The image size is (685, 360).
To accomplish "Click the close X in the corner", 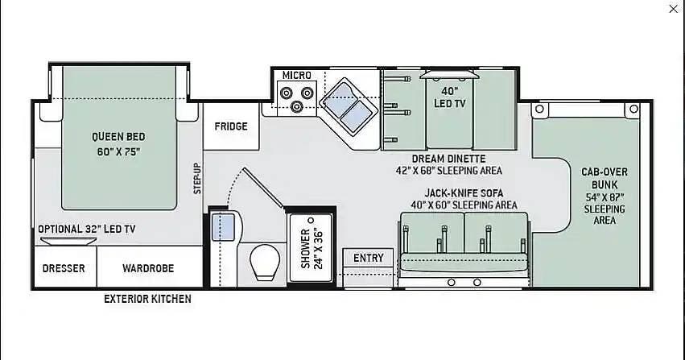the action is (x=673, y=9).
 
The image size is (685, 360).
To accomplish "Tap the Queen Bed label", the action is (x=118, y=137).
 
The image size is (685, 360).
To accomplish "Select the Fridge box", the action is (x=231, y=126).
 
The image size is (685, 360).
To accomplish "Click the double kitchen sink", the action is (x=349, y=106).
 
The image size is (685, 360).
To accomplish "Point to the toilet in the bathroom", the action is (x=265, y=262).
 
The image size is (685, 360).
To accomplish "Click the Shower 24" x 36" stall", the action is (x=312, y=249).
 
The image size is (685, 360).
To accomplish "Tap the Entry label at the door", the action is (x=369, y=259).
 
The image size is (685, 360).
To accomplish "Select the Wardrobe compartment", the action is (x=150, y=267).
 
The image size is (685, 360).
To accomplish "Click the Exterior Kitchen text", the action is (x=147, y=299).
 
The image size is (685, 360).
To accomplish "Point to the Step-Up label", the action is (x=197, y=178).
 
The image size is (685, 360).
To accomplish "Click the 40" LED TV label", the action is (x=449, y=97).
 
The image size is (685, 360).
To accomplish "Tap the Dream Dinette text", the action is (x=448, y=159).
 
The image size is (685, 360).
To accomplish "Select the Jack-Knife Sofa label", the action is (x=464, y=192).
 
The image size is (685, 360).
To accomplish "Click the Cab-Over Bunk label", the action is (x=605, y=178).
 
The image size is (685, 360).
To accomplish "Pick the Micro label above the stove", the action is (x=297, y=75).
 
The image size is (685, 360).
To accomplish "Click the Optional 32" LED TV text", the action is (x=86, y=229).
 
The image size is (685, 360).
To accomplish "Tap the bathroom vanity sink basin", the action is (x=223, y=227).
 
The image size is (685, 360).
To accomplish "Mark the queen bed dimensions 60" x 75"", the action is (x=118, y=152).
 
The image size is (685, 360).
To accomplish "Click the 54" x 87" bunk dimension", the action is (x=605, y=197).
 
